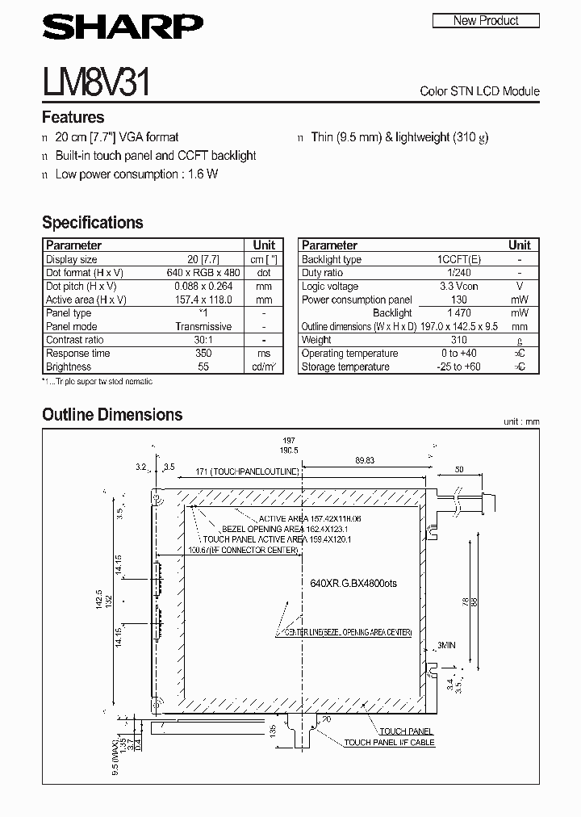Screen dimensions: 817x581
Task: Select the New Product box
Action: tap(486, 20)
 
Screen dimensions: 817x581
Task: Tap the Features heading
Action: tap(73, 117)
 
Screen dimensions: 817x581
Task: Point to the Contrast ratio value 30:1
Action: tap(203, 340)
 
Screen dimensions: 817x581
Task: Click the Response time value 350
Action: tap(203, 354)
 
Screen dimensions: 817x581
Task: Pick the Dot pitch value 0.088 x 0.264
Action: tap(203, 286)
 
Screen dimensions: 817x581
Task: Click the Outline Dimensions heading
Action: tap(112, 415)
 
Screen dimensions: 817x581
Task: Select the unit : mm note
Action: tap(520, 421)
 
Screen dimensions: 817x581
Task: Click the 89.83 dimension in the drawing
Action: tap(366, 459)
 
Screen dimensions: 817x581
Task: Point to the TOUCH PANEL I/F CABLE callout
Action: tap(389, 742)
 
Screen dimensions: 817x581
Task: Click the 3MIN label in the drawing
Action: tap(447, 645)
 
